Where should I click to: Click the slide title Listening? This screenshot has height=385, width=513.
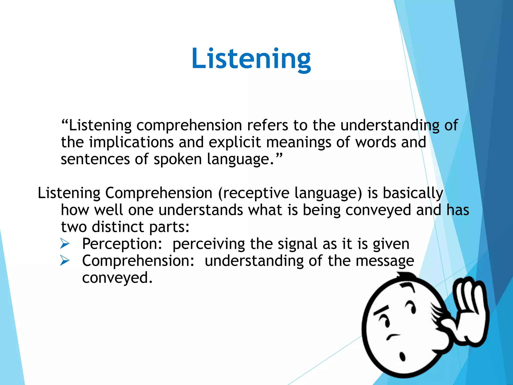coord(251,59)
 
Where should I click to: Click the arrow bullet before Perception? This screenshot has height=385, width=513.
coord(65,244)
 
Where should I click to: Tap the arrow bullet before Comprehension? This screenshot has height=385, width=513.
coord(65,261)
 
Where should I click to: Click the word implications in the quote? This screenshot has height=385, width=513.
coord(132,142)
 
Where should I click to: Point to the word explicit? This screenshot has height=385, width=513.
coord(235,142)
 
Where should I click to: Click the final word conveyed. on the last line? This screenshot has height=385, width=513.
coord(117,278)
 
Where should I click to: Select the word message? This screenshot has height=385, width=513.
coord(385,261)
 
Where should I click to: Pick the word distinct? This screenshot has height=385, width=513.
coord(118,227)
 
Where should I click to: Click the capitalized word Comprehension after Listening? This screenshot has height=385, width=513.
coord(159,194)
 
